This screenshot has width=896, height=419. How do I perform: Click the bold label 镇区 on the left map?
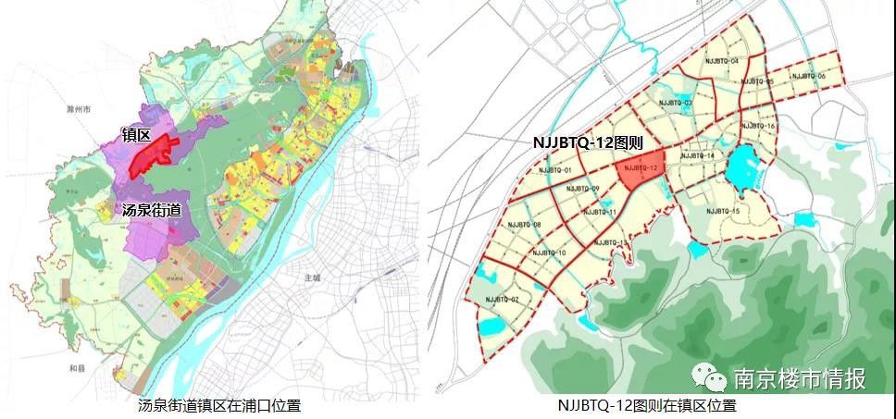point(136,134)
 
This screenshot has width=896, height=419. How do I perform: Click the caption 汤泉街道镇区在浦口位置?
point(218,405)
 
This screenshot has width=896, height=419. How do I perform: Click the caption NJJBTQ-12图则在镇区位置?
point(647,405)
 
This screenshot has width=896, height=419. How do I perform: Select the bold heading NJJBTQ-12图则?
point(585,144)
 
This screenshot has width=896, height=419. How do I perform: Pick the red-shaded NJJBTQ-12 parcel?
point(640,169)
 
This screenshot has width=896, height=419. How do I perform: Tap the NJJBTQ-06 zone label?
point(808,76)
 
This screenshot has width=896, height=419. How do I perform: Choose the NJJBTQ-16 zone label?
point(758,126)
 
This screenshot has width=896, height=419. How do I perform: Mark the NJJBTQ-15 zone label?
point(722,212)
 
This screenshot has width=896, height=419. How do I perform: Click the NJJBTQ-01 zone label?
point(554,171)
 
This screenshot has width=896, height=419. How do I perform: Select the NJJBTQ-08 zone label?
point(524,225)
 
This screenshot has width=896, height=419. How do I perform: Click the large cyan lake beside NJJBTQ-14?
point(742,167)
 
